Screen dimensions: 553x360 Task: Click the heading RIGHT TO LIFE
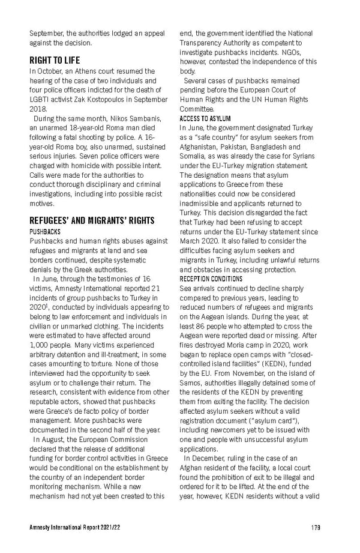[55, 61]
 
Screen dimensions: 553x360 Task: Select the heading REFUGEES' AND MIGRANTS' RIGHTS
[84, 220]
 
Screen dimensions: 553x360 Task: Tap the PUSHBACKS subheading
[44, 231]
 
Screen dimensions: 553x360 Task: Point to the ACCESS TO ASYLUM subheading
[205, 119]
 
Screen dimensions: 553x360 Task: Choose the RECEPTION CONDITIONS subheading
[211, 279]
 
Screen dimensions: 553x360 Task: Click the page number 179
[316, 527]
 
